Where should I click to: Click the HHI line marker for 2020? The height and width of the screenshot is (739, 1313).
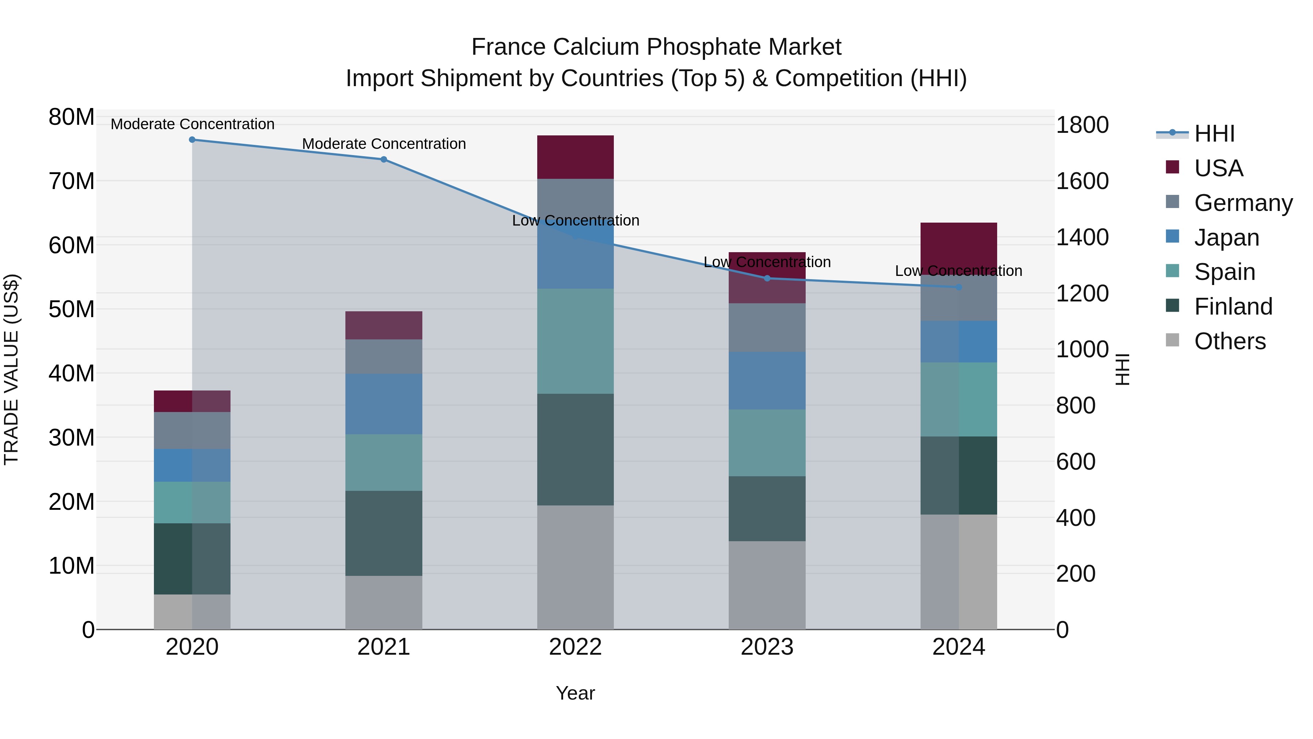point(192,140)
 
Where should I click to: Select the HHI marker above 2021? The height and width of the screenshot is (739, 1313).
point(384,159)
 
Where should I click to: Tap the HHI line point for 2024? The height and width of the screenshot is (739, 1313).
point(959,288)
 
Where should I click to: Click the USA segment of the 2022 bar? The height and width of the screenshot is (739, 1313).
point(576,157)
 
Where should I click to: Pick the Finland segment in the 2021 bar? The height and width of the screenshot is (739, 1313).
point(384,534)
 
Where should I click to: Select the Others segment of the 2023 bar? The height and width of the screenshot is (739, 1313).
point(767,585)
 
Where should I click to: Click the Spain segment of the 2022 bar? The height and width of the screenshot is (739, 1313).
point(576,341)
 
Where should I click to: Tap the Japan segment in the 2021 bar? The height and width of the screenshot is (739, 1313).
point(384,404)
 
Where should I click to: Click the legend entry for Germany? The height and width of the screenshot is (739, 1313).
point(1243,203)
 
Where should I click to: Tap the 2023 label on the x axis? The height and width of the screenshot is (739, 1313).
point(767,647)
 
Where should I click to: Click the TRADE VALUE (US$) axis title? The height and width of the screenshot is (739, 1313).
point(11,369)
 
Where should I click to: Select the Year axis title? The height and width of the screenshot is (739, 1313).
point(576,693)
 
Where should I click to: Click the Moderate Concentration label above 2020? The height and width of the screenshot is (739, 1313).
point(192,124)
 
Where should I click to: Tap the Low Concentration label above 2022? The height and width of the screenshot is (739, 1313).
point(576,220)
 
